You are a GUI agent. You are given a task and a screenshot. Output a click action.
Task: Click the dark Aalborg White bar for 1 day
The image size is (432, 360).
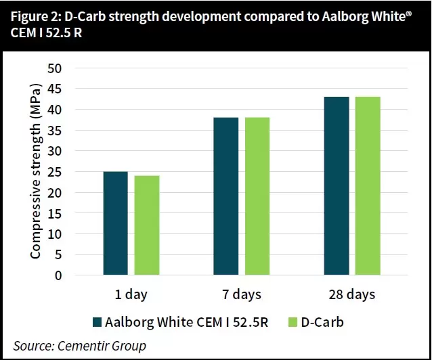[x=115, y=223]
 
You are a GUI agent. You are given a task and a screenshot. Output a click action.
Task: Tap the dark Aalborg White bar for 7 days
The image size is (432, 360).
[x=226, y=196]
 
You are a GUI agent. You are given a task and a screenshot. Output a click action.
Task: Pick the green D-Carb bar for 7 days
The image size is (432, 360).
[x=257, y=196]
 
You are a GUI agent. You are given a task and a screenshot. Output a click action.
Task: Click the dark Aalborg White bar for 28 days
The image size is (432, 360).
[x=337, y=186]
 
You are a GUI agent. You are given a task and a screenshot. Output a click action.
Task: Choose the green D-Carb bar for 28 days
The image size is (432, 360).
[x=368, y=186]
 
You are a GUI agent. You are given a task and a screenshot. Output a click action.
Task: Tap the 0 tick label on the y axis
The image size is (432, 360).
[x=58, y=275]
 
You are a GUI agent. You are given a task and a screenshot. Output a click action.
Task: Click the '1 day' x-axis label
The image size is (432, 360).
[x=131, y=294]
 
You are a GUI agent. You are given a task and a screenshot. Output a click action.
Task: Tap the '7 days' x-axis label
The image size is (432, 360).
[x=242, y=294]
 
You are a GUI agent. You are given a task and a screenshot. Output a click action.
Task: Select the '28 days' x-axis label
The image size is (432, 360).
[x=352, y=294]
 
